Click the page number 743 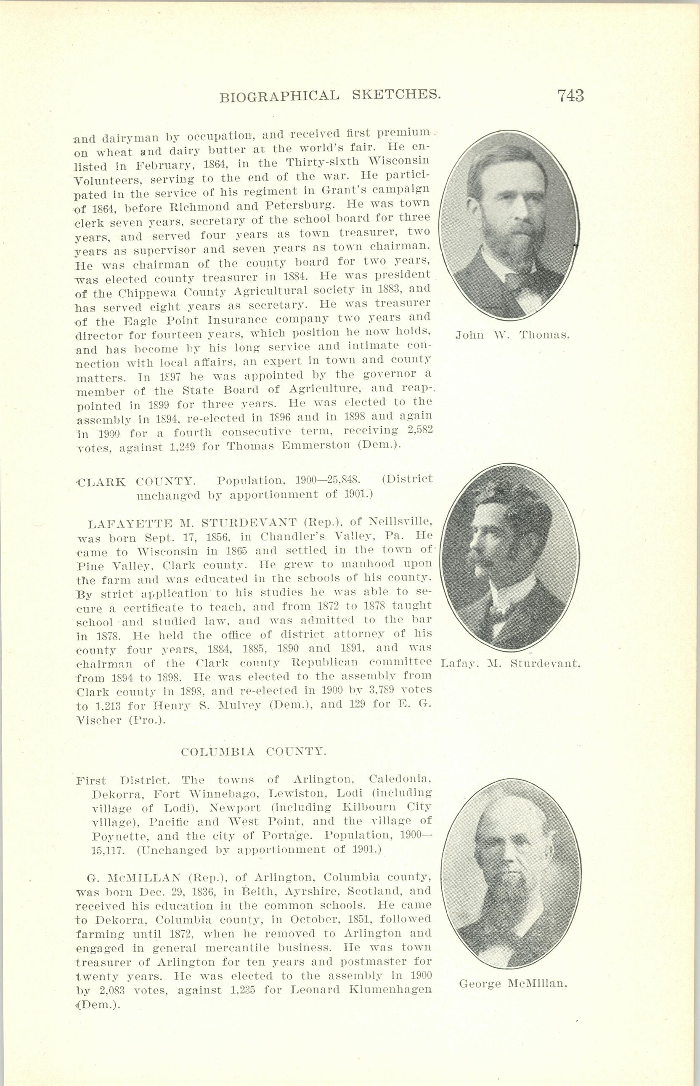570,96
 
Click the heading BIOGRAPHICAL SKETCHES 331,96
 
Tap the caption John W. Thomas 512,335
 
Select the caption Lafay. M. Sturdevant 512,663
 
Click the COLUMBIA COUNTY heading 254,752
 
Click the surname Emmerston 317,445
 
